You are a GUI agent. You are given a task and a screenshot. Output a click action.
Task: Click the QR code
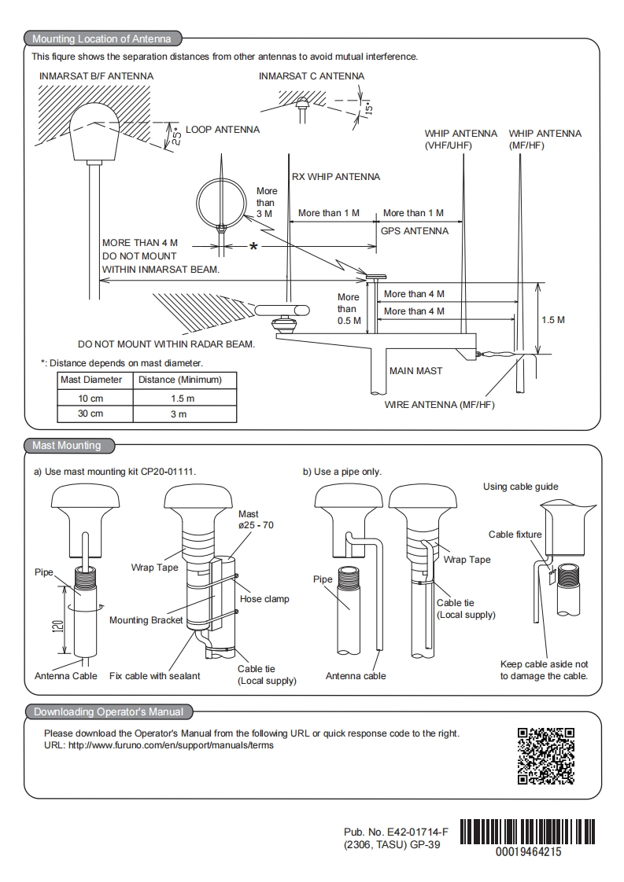[x=546, y=756]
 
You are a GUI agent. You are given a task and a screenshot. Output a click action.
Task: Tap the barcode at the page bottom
[x=527, y=832]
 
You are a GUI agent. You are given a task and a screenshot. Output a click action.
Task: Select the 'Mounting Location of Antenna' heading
[x=102, y=39]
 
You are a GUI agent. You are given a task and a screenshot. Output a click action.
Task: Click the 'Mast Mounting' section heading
[x=66, y=446]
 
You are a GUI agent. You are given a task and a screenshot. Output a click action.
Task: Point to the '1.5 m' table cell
[x=183, y=399]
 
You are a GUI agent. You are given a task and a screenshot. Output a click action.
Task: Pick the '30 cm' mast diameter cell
[x=90, y=413]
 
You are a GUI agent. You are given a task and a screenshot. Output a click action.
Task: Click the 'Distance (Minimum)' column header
[x=180, y=380]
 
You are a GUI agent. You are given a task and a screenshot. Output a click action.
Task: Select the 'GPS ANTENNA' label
[x=415, y=230]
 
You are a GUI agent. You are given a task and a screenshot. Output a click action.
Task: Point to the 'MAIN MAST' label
[x=415, y=371]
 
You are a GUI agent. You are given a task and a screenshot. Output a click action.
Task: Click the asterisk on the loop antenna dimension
[x=254, y=247]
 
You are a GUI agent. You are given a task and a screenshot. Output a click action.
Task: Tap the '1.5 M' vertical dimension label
[x=553, y=320]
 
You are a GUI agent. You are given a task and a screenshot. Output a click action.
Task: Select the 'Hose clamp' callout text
[x=264, y=599]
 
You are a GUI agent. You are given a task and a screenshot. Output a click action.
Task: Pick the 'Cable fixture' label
[x=515, y=535]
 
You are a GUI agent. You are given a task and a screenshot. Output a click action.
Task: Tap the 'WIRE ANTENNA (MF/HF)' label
[x=439, y=404]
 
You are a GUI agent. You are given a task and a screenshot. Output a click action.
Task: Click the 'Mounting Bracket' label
[x=146, y=620]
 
